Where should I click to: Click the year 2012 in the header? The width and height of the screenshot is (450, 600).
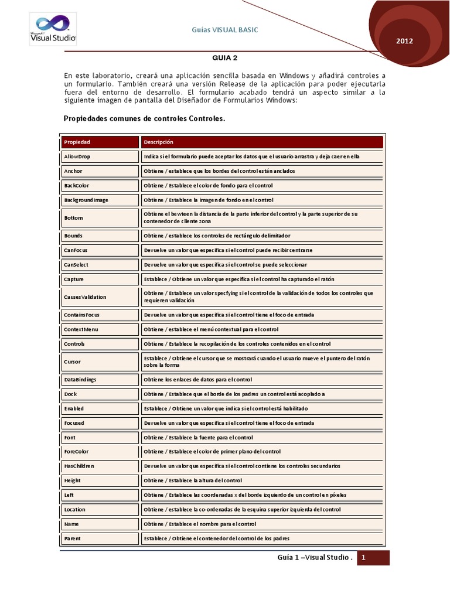click(405, 42)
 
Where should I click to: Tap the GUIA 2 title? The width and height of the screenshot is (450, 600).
click(224, 58)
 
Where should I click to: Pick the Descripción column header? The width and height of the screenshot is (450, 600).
click(262, 142)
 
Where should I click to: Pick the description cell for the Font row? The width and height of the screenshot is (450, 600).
click(262, 437)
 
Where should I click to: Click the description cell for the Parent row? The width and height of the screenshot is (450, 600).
click(262, 538)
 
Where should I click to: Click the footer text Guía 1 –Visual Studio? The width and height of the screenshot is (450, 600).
click(315, 558)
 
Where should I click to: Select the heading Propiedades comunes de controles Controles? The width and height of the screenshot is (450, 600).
click(144, 118)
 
